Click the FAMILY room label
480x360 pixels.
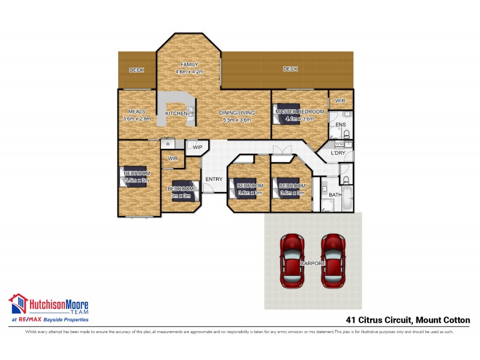[x=190, y=65]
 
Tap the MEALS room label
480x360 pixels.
[x=136, y=112]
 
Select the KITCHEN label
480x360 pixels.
[x=176, y=113]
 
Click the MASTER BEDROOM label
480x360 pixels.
[x=300, y=112]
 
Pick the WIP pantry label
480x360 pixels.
[x=197, y=146]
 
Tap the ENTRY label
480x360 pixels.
[x=214, y=179]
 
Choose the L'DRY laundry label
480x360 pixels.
[x=337, y=154]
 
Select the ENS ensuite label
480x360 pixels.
[x=340, y=125]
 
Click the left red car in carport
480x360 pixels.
[x=292, y=259]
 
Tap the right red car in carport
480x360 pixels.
[x=332, y=259]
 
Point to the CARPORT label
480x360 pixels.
[x=313, y=263]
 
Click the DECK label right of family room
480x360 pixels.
[x=290, y=69]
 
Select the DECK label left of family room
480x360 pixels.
[x=137, y=70]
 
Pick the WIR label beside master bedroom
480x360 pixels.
[x=340, y=100]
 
